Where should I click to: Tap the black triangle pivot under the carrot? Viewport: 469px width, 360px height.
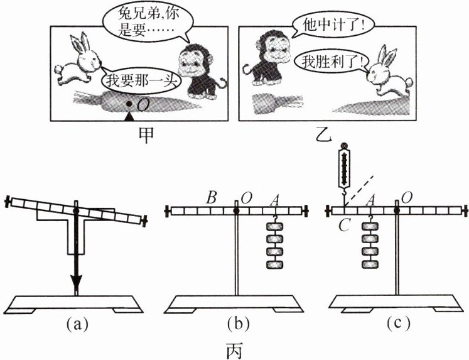pos(129,117)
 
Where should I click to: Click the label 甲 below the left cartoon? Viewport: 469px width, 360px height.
pos(146,135)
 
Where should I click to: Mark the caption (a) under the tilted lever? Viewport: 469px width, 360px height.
pos(77,324)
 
